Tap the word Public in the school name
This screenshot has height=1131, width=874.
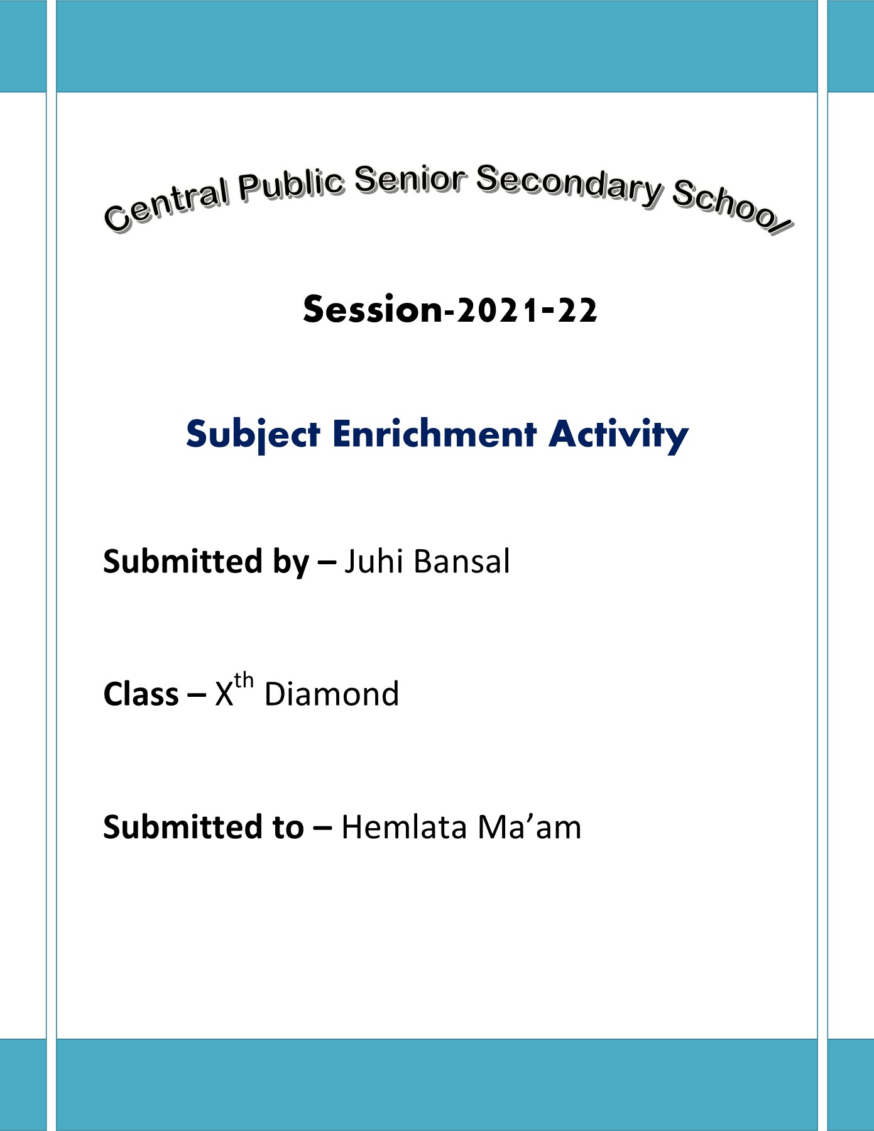(x=292, y=185)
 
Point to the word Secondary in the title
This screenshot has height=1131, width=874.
(x=569, y=185)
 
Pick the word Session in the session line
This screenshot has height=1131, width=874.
(x=373, y=309)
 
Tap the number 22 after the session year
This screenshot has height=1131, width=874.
(x=577, y=310)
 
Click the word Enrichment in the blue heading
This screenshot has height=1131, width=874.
(x=435, y=434)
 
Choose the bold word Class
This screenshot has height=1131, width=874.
(x=141, y=694)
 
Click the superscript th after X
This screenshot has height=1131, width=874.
(x=244, y=681)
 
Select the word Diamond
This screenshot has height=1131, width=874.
(x=332, y=694)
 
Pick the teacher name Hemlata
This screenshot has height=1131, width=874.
(x=404, y=827)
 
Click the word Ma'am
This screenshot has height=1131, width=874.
(x=529, y=827)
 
